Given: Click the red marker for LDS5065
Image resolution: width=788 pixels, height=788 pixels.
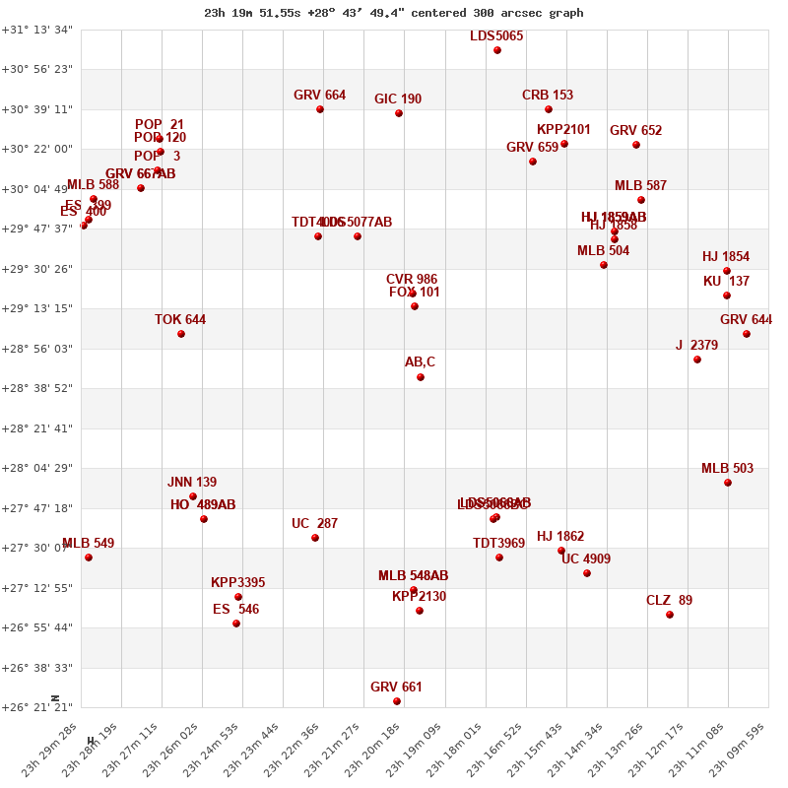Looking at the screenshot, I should [497, 50].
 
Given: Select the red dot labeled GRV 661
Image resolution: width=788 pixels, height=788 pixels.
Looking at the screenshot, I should [397, 701].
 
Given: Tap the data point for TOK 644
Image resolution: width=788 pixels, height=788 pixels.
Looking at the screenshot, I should [181, 334].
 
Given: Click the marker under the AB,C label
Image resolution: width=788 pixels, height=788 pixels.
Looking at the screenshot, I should [421, 377].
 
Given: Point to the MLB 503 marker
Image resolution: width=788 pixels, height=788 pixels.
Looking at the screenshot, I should [728, 483].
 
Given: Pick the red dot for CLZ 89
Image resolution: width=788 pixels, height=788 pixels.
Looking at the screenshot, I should [670, 615].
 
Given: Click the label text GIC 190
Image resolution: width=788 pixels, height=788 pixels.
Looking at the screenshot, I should [398, 99].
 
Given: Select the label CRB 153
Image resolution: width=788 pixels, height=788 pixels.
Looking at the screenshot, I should [548, 96].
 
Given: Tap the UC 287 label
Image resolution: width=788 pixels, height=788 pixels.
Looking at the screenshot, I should [314, 524].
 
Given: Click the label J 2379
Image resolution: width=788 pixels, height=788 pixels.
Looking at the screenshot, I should [696, 346].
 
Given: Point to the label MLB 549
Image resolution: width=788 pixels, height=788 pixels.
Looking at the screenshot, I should [88, 544].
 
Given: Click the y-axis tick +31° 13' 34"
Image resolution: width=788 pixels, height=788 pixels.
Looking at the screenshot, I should [37, 30].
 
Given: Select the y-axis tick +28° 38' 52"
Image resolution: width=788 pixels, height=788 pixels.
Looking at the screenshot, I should [37, 389].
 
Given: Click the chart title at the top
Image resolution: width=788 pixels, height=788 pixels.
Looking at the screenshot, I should [394, 13].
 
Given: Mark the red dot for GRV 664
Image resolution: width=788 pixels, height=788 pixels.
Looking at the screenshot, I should [320, 109].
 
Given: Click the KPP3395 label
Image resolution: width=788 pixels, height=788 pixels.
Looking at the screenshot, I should [238, 583].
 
